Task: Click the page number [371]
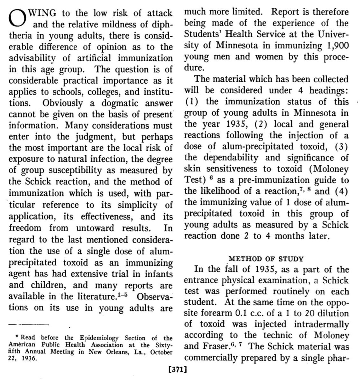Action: point(178,370)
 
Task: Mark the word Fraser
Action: point(213,346)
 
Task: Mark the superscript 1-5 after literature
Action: point(122,294)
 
